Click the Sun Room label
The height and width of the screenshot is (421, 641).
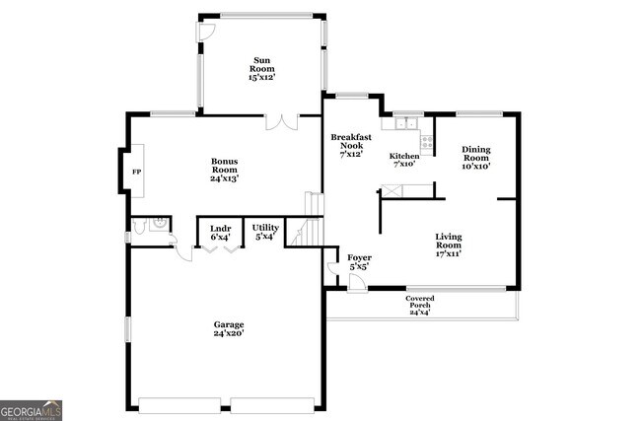click(x=261, y=68)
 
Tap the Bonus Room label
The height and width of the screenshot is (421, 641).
click(x=224, y=170)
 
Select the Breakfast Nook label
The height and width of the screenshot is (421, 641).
click(x=352, y=145)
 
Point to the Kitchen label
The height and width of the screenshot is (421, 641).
click(x=404, y=160)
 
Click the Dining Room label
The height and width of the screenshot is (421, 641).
click(x=476, y=158)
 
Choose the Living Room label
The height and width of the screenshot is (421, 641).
click(x=449, y=245)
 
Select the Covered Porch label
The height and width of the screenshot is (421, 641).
click(x=420, y=305)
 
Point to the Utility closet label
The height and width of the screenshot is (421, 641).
click(x=266, y=232)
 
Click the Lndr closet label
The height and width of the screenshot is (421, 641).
click(x=220, y=232)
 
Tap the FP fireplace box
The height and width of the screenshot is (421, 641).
click(x=137, y=171)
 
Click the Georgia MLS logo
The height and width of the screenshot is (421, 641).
click(x=31, y=409)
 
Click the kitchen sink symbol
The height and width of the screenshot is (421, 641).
click(x=402, y=125)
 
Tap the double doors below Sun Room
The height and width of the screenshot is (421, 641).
click(x=281, y=122)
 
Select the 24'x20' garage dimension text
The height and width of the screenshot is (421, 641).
click(x=229, y=334)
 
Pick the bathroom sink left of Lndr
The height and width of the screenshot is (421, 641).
click(x=157, y=225)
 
